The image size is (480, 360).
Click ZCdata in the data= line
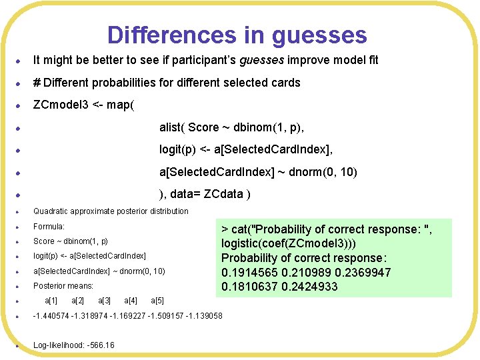225,194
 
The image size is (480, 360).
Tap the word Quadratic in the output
52,211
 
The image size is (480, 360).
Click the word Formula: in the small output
49,227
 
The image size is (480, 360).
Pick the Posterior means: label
63,286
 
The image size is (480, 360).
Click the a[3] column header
104,301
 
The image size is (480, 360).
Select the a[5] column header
157,301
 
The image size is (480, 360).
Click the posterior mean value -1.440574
52,316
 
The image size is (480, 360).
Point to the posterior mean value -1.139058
204,316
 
